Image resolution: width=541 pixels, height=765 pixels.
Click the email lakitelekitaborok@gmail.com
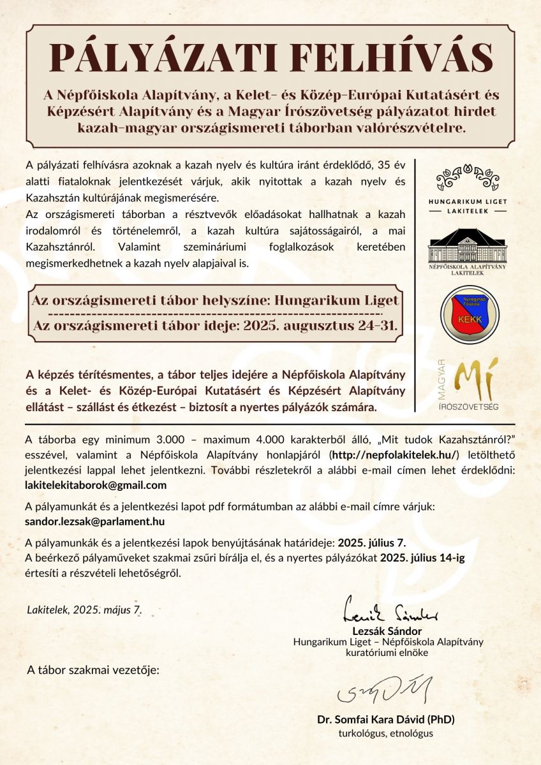click(96, 485)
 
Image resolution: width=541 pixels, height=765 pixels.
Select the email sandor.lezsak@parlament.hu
click(95, 521)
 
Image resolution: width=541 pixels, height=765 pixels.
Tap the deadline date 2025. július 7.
click(372, 543)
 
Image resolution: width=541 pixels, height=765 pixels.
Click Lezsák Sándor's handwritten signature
click(390, 609)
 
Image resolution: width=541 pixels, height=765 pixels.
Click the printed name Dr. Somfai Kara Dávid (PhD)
click(386, 720)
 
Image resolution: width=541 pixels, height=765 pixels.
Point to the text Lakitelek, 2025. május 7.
click(84, 609)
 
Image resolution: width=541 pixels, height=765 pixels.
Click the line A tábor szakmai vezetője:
click(93, 671)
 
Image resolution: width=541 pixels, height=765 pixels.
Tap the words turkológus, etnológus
click(386, 733)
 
